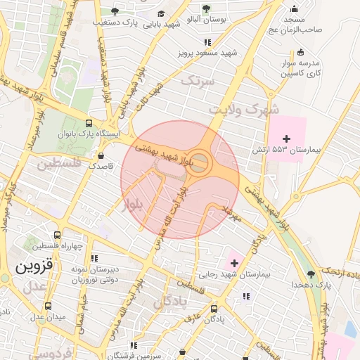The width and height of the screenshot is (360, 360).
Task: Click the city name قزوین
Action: point(34,267)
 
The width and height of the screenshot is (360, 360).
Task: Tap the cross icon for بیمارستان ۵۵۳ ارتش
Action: point(286,138)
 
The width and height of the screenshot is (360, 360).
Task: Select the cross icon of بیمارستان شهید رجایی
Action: point(234,263)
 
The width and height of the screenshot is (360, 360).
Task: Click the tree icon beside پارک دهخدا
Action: point(311,274)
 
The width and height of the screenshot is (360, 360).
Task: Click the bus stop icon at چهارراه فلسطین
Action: point(57,235)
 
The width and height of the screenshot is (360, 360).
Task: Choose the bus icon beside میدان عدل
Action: point(48,306)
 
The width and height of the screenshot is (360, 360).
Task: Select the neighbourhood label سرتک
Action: point(196,81)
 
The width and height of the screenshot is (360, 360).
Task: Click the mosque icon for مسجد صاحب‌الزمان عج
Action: point(294,9)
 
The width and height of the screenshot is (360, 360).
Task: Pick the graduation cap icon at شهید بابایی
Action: point(161,13)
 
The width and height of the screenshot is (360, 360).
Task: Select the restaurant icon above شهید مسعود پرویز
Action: point(207,43)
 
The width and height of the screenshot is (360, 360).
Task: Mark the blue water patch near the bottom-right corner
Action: point(351,328)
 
